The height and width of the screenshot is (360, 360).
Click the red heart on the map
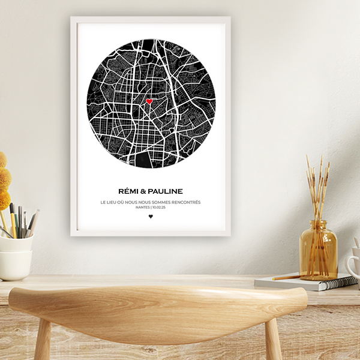(149, 101)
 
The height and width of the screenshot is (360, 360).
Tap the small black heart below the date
(151, 216)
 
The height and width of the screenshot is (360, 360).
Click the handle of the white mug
(350, 264)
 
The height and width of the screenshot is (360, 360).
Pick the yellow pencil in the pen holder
(13, 222)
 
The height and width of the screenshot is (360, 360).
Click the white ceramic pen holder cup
(16, 255)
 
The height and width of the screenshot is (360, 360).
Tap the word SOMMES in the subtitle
(161, 202)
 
